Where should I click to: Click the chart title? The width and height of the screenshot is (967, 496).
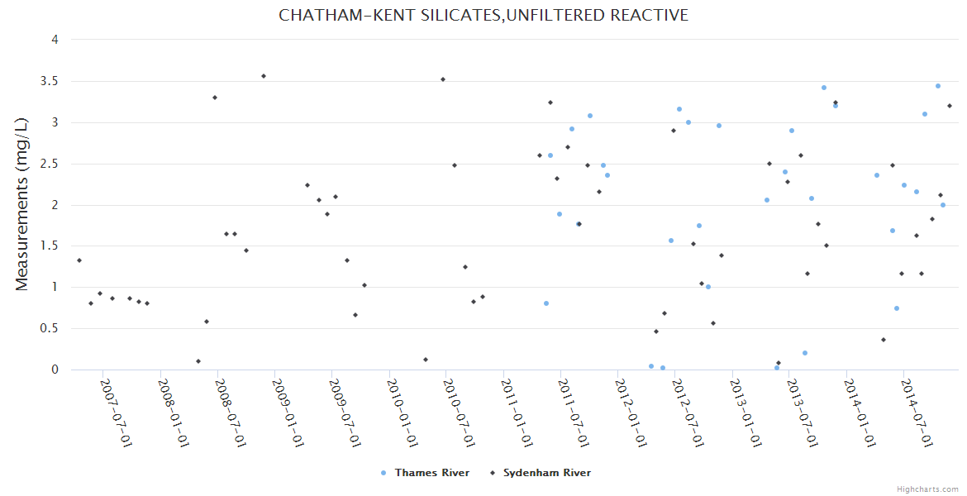click(483, 16)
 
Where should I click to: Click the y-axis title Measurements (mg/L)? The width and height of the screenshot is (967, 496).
click(22, 204)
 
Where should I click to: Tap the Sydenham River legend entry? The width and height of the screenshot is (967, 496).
click(546, 473)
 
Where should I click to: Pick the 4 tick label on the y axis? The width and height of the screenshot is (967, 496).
click(55, 40)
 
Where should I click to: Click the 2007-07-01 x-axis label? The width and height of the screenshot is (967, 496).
click(117, 413)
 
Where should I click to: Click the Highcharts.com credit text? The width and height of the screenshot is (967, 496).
click(927, 489)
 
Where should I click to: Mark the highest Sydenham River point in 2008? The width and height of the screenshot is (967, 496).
click(264, 76)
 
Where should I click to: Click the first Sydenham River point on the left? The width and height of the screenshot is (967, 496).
click(79, 260)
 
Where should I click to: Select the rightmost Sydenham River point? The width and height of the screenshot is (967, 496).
click(950, 106)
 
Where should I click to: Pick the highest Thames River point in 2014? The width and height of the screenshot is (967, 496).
click(938, 86)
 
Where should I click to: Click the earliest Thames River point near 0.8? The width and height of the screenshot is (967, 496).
click(546, 303)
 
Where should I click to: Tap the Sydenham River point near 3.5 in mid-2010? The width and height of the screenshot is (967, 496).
click(443, 79)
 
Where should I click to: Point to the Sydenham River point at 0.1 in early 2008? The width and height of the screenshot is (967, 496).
click(198, 361)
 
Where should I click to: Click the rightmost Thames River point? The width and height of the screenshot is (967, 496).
click(943, 205)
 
